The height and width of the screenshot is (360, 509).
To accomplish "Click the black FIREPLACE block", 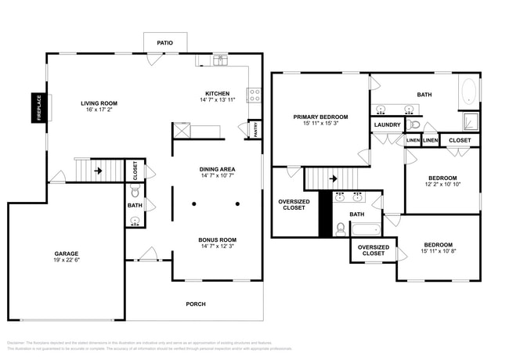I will pyautogui.click(x=37, y=108).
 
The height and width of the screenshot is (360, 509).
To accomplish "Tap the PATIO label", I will pyautogui.click(x=164, y=43).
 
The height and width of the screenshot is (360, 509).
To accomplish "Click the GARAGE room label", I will pyautogui.click(x=66, y=254).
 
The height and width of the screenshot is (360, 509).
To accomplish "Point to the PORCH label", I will pyautogui.click(x=195, y=304).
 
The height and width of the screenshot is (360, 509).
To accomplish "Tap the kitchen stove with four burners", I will pyautogui.click(x=254, y=95).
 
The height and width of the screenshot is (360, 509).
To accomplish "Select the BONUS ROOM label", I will pyautogui.click(x=217, y=239).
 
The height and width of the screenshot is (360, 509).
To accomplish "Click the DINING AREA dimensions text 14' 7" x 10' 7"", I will pyautogui.click(x=217, y=176).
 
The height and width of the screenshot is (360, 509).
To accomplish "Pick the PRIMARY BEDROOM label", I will pyautogui.click(x=320, y=117).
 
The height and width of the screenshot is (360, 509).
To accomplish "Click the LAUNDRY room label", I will pyautogui.click(x=387, y=124).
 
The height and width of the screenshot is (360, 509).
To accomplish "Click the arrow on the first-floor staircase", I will pyautogui.click(x=99, y=169).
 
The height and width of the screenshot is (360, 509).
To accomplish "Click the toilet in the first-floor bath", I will pyautogui.click(x=134, y=191).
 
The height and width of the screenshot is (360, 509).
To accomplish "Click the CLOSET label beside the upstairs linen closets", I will pyautogui.click(x=460, y=141).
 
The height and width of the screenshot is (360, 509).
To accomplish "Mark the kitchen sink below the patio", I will pyautogui.click(x=221, y=59).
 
